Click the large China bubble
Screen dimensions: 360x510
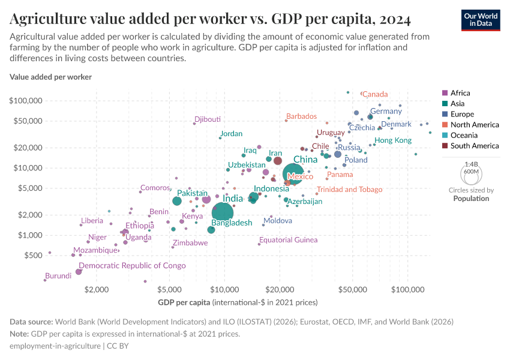[292, 173]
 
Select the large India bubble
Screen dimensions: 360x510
[223, 212]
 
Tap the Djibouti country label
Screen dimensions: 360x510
[208, 119]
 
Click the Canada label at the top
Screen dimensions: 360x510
[375, 94]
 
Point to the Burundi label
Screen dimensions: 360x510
[59, 275]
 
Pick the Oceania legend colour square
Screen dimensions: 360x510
[445, 135]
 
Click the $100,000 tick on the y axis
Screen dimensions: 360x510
[25, 100]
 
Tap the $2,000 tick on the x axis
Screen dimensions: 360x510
[96, 289]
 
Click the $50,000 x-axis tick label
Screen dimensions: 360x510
[352, 289]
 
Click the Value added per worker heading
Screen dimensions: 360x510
[50, 77]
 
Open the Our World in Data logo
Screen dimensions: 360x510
[481, 20]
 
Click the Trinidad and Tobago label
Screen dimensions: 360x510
[349, 190]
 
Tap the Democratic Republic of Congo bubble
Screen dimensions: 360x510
[79, 272]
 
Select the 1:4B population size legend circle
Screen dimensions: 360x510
[471, 175]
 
